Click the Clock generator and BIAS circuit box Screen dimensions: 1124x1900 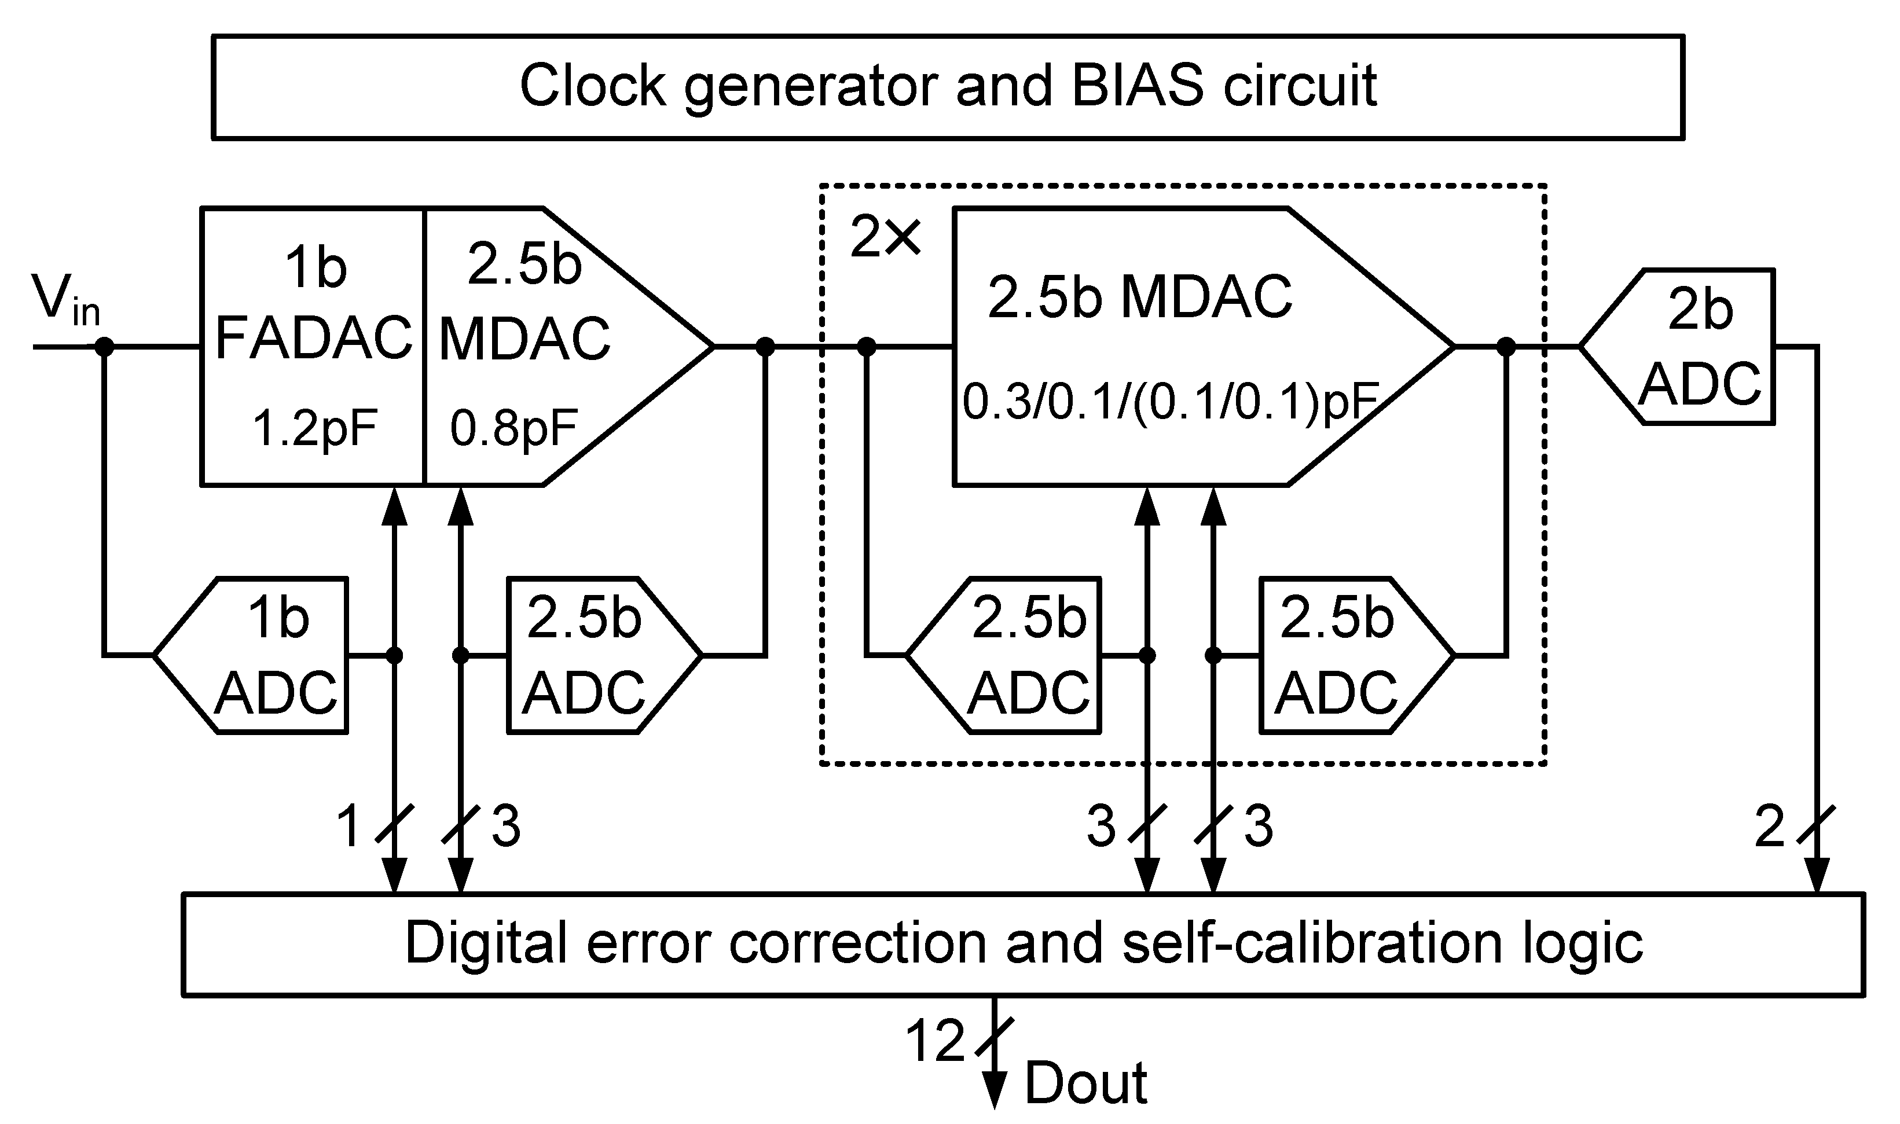(947, 86)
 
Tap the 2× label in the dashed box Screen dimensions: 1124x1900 (885, 238)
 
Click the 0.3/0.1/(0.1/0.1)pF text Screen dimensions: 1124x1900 (1171, 402)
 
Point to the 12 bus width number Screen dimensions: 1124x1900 (935, 1041)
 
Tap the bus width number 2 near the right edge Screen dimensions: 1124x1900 (1770, 825)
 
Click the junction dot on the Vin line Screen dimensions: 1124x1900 (104, 347)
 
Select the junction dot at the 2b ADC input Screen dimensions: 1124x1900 (1506, 347)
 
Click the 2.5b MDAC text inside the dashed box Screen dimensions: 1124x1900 (1139, 297)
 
